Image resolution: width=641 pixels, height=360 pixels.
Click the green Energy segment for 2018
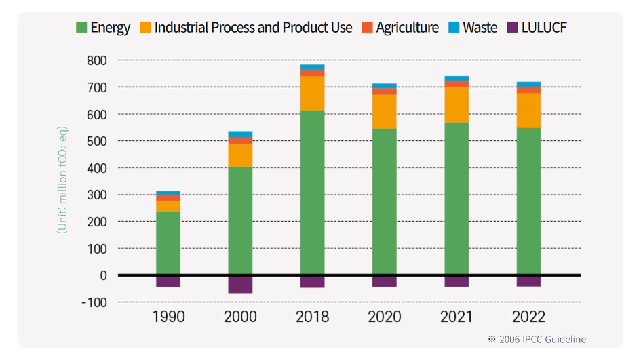[x=312, y=193]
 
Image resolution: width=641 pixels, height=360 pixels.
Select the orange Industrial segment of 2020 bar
[x=385, y=111]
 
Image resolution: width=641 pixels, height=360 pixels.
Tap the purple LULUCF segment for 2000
[x=240, y=284]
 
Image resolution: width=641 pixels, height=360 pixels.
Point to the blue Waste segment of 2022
[x=528, y=85]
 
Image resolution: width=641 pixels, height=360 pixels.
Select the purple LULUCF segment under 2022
[x=528, y=281]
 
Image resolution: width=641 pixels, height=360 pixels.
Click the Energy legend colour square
[x=81, y=28]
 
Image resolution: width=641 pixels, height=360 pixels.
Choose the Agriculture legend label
[x=407, y=28]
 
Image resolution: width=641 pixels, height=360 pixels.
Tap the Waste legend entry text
[x=480, y=28]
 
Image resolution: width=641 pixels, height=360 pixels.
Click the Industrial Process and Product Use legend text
[x=253, y=28]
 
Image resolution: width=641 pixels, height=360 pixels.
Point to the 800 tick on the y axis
[x=96, y=60]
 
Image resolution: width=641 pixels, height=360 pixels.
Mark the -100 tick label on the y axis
[x=94, y=302]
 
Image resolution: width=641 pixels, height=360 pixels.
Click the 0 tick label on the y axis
[x=103, y=275]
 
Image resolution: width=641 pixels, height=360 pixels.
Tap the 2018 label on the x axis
[x=312, y=317]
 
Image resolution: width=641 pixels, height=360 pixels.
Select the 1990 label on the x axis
[x=168, y=317]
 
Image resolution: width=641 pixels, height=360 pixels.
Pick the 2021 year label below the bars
[x=457, y=317]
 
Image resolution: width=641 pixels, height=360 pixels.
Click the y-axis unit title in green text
[x=62, y=180]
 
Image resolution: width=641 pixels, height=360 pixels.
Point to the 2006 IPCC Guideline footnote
[x=537, y=339]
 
